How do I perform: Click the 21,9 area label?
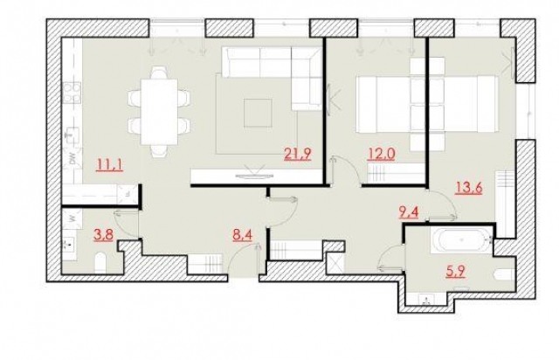click(298, 155)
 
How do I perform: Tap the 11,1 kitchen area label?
click(110, 165)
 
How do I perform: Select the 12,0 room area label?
click(381, 155)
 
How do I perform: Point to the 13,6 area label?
click(468, 188)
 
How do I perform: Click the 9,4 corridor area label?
click(408, 213)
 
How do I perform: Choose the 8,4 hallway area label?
click(243, 235)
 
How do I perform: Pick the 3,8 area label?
click(103, 235)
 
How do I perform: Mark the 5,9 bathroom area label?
click(455, 273)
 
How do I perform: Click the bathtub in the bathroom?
click(462, 241)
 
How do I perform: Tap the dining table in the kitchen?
click(159, 112)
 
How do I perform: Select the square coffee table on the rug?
click(258, 113)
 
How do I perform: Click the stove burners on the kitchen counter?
click(72, 93)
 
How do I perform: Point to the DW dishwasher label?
click(72, 158)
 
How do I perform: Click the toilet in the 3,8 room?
click(100, 263)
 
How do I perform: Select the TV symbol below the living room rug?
click(254, 172)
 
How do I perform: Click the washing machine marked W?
click(72, 218)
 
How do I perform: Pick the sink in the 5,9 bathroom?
click(426, 299)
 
